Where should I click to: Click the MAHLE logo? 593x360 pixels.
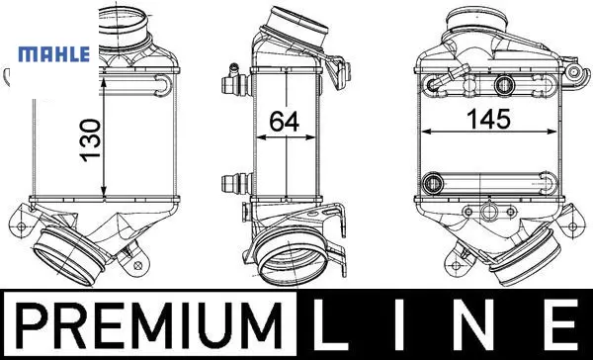tap(54, 54)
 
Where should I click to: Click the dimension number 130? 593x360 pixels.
tap(91, 140)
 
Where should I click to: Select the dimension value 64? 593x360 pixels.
tap(284, 121)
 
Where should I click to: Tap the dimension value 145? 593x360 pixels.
tap(488, 119)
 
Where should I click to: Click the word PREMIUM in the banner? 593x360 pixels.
tap(149, 325)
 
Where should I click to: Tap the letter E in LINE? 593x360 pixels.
tap(560, 324)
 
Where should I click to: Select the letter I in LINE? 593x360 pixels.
tap(399, 324)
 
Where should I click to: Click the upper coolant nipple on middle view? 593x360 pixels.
tap(235, 81)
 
